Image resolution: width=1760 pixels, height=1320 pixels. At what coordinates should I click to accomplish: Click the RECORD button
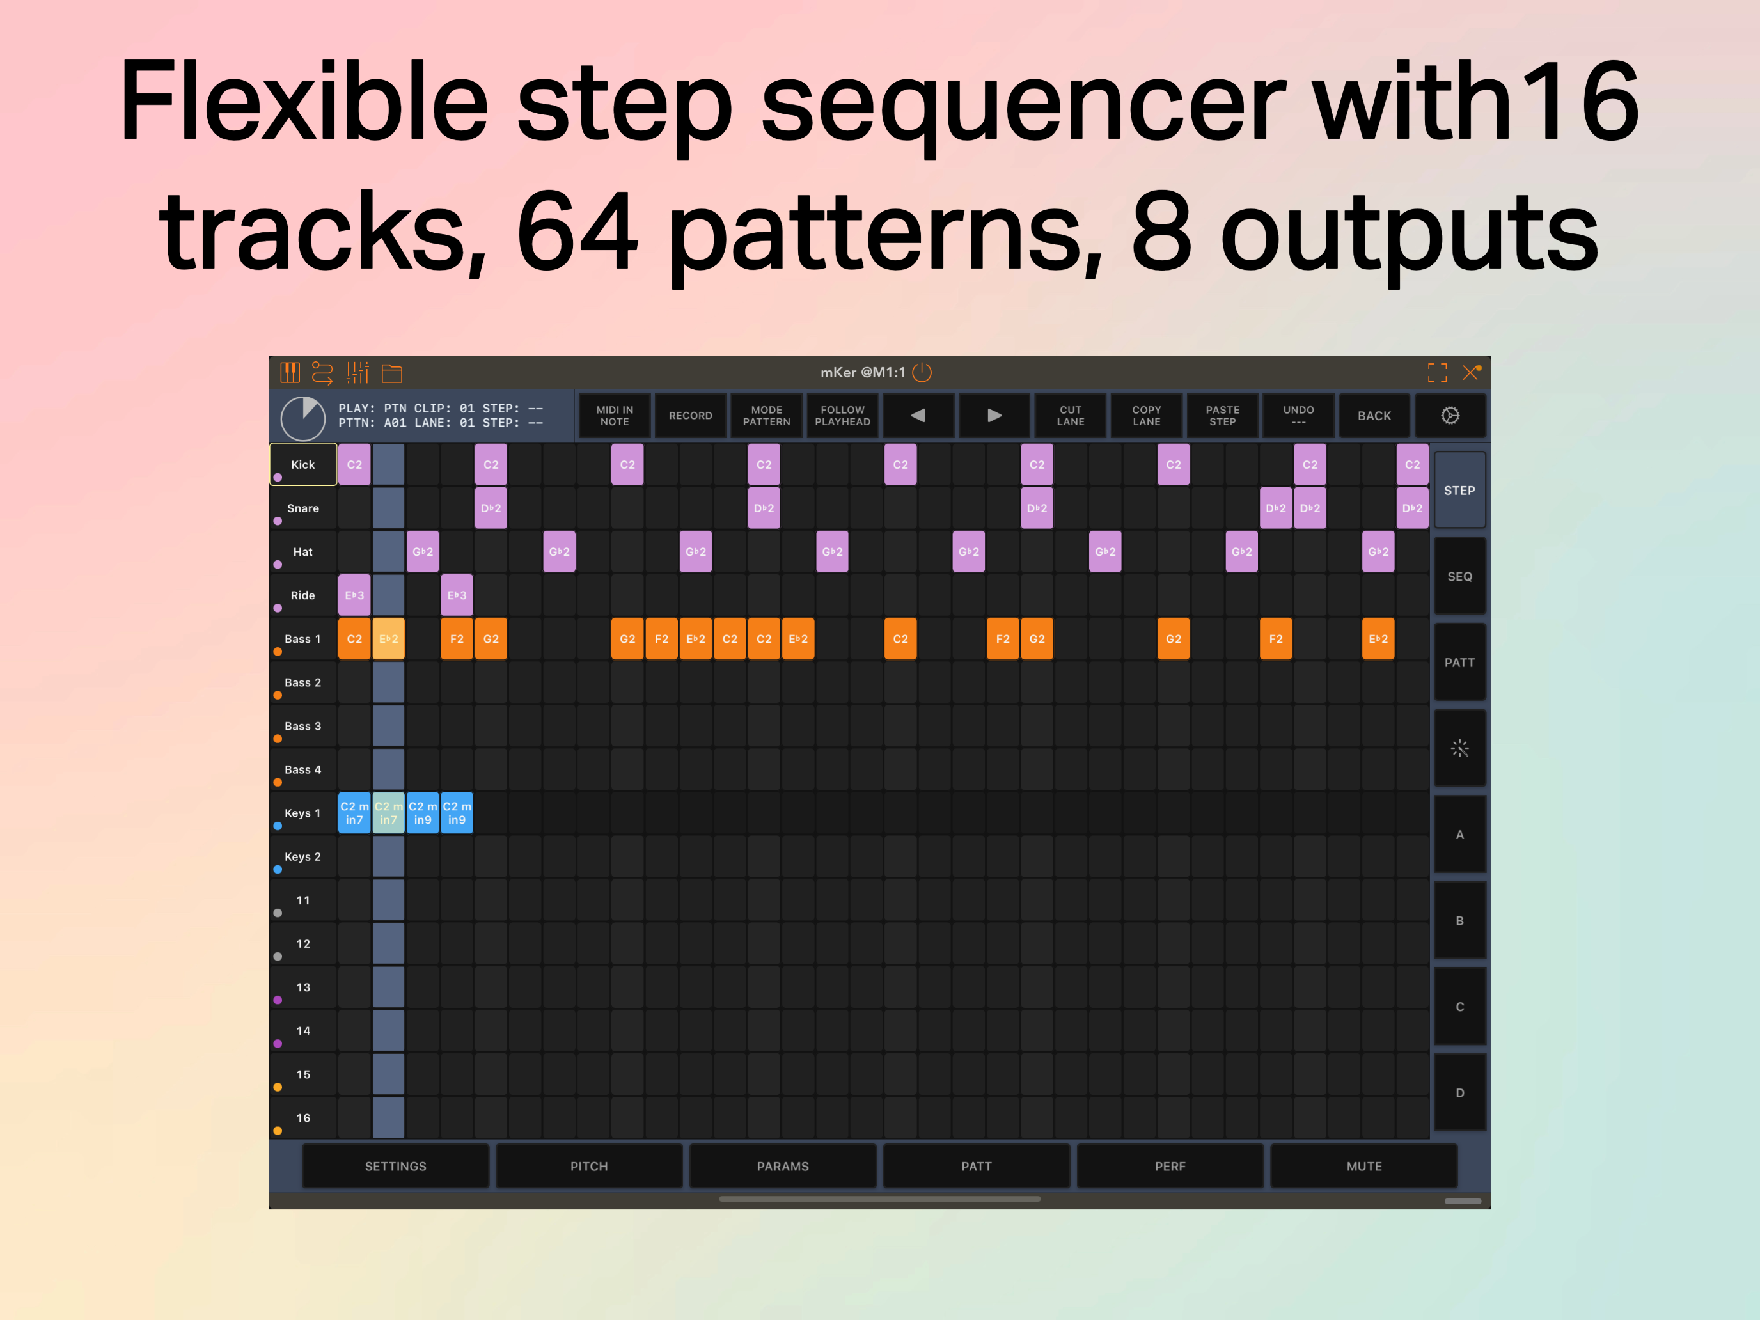(x=690, y=415)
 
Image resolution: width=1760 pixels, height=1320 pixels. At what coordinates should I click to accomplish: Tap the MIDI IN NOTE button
(x=614, y=415)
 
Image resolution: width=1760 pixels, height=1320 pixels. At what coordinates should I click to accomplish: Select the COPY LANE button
(x=1147, y=415)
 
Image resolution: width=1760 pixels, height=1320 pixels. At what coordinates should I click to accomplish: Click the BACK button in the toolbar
(x=1374, y=415)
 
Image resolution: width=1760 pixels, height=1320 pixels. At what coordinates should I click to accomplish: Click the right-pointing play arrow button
(x=994, y=415)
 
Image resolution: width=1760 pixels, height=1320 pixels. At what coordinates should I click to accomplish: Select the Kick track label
(x=303, y=465)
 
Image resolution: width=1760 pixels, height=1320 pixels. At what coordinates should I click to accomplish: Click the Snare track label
(x=303, y=508)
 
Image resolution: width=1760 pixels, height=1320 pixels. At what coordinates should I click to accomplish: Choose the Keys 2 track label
(x=303, y=857)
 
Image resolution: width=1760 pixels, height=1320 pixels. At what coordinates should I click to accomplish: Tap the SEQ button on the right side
(x=1459, y=576)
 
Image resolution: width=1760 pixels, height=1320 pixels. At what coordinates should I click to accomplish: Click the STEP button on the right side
(x=1459, y=490)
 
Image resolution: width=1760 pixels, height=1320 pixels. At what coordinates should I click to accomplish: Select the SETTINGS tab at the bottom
(x=395, y=1167)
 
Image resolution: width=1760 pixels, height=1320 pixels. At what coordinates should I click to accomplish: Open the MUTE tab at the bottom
(x=1363, y=1167)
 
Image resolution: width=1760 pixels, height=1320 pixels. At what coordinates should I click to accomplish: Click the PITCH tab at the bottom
(x=589, y=1167)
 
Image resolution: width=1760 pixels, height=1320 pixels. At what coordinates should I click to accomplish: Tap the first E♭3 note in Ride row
(x=354, y=595)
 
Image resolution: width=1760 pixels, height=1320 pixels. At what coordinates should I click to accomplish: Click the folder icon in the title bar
(x=392, y=372)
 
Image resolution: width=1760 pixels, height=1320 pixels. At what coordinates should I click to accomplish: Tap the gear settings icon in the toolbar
(x=1450, y=415)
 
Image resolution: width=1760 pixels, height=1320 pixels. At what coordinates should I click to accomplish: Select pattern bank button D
(x=1459, y=1092)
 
